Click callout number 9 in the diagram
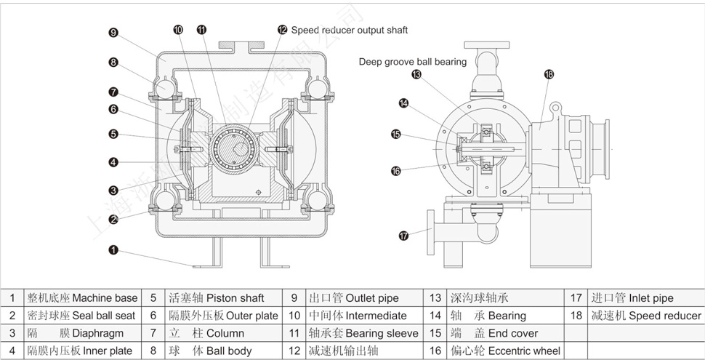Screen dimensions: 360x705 click(113, 32)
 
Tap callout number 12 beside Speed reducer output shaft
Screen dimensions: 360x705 click(282, 30)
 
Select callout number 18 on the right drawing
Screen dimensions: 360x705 click(549, 73)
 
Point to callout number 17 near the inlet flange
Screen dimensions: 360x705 click(404, 235)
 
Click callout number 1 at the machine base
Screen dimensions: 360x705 click(113, 250)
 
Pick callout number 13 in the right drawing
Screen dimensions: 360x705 click(416, 74)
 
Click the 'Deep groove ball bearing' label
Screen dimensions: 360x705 click(412, 62)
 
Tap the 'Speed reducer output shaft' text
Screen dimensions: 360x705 click(350, 30)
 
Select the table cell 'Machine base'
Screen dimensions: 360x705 click(82, 298)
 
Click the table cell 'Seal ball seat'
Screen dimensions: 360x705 click(82, 316)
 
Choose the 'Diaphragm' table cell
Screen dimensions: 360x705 click(82, 333)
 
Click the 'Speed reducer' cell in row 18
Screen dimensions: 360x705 click(645, 316)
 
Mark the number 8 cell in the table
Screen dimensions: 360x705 click(153, 351)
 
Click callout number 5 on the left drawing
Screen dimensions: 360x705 click(113, 134)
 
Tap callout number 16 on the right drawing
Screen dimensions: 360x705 click(396, 171)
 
